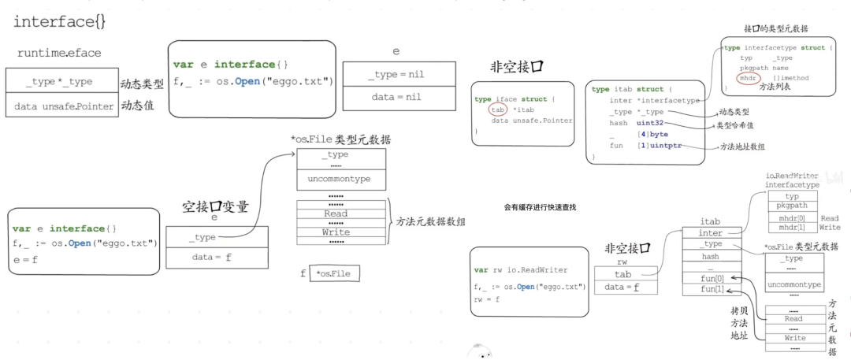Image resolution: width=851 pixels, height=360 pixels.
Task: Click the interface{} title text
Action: [x=60, y=21]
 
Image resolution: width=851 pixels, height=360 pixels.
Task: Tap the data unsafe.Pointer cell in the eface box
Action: [x=59, y=106]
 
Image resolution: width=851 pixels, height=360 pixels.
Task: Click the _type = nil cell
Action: [x=396, y=76]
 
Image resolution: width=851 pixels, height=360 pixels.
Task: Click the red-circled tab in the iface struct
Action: [x=497, y=109]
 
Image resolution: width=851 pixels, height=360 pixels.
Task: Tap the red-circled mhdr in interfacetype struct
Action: [x=748, y=79]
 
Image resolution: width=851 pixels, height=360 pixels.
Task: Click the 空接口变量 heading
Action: [x=215, y=206]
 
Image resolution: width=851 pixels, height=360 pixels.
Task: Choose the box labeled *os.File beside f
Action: [x=334, y=273]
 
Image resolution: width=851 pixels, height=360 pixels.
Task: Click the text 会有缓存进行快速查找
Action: [x=540, y=206]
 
